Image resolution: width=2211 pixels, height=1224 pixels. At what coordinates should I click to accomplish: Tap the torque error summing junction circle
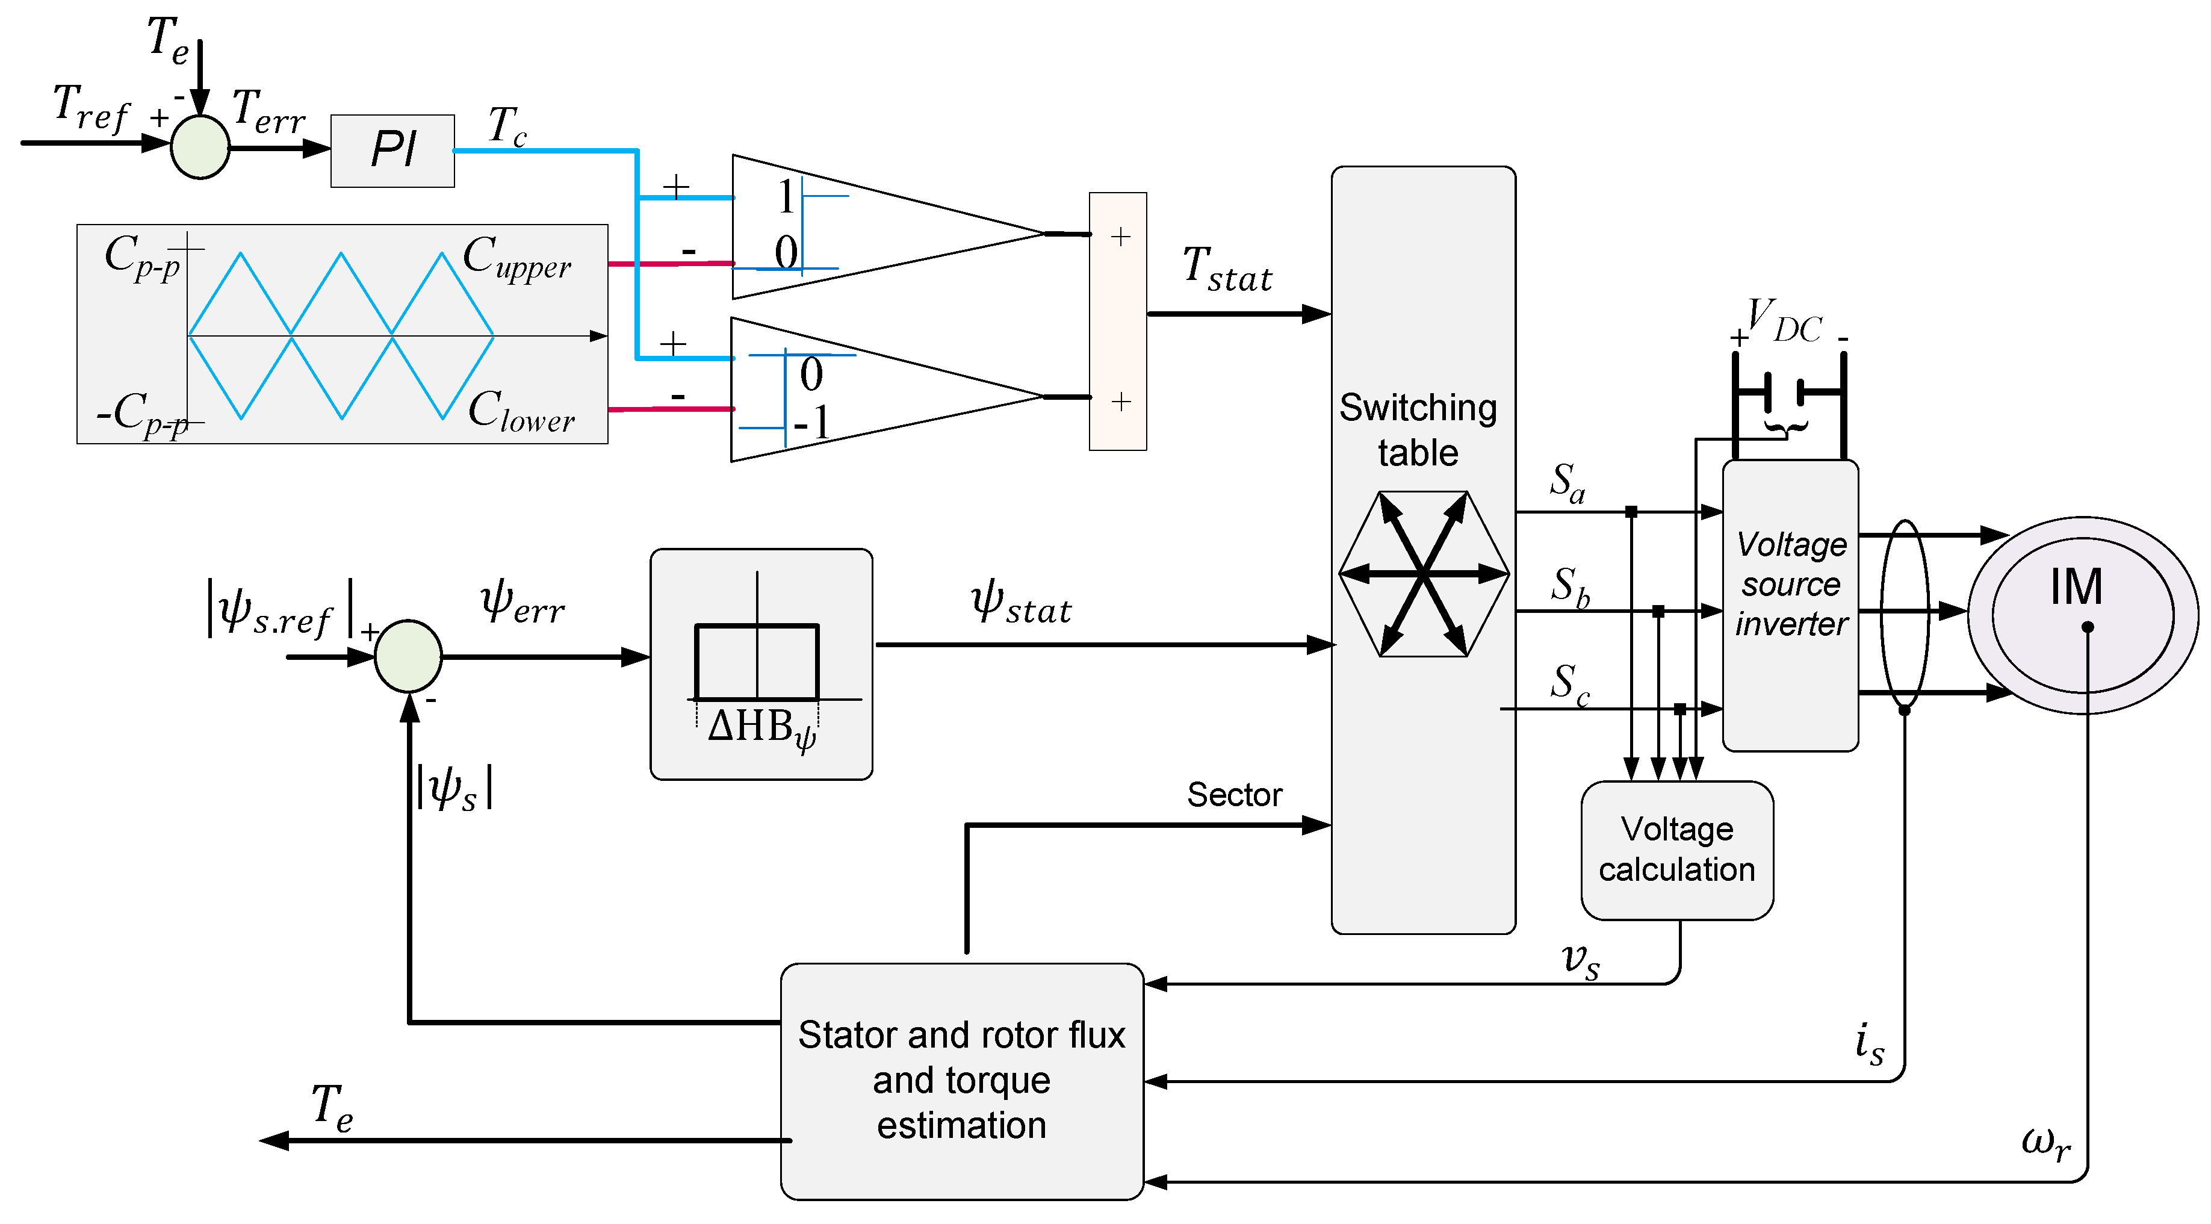click(200, 147)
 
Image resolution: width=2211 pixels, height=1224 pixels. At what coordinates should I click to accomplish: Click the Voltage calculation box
click(1676, 850)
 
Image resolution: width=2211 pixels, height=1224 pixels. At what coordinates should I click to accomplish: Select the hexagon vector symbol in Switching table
click(1423, 573)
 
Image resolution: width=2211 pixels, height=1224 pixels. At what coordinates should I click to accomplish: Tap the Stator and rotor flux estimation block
click(961, 1080)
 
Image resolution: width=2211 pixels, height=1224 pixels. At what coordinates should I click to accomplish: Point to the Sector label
click(1233, 795)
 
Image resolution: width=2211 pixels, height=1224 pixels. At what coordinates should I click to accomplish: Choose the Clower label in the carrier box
click(521, 411)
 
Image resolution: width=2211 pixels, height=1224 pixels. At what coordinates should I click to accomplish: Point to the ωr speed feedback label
click(2045, 1143)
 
